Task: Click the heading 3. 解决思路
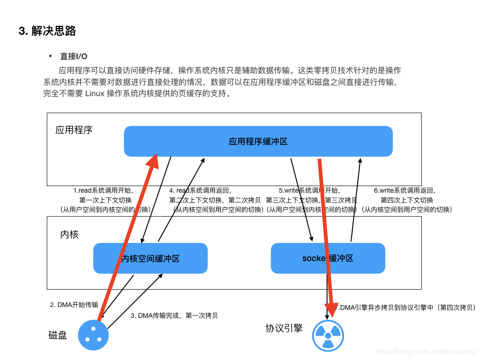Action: tap(47, 31)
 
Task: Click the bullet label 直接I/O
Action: tap(74, 56)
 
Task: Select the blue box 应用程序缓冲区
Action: tap(258, 141)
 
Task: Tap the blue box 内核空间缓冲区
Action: tap(150, 258)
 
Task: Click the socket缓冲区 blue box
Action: tap(328, 258)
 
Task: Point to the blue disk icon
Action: tap(93, 335)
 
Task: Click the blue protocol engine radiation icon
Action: tap(328, 336)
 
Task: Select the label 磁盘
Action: tap(58, 335)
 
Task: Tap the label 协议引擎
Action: tap(284, 328)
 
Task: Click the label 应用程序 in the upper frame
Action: tap(74, 130)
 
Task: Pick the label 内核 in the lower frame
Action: tap(69, 234)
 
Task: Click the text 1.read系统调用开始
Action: tap(103, 191)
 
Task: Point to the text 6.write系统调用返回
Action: tap(405, 191)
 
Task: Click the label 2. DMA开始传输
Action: tap(74, 305)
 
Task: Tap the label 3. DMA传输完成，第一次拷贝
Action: tap(174, 315)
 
